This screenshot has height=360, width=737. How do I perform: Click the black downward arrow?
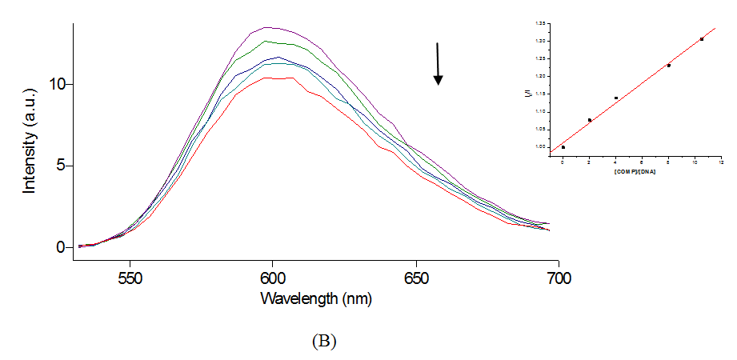click(x=438, y=63)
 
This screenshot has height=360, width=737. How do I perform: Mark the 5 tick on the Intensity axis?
click(x=59, y=166)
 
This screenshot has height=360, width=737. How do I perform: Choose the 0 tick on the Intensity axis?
click(x=59, y=247)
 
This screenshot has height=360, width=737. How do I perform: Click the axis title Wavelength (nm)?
click(x=315, y=299)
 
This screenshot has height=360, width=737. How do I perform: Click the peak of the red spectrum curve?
click(x=276, y=78)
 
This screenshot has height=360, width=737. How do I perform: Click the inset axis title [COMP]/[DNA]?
click(x=635, y=172)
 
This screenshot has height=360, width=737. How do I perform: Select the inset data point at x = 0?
click(x=563, y=147)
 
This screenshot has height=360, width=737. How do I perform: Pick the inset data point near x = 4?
click(x=615, y=98)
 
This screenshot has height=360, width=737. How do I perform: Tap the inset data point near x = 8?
click(x=668, y=66)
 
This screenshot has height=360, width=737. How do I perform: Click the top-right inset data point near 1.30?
click(x=702, y=38)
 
